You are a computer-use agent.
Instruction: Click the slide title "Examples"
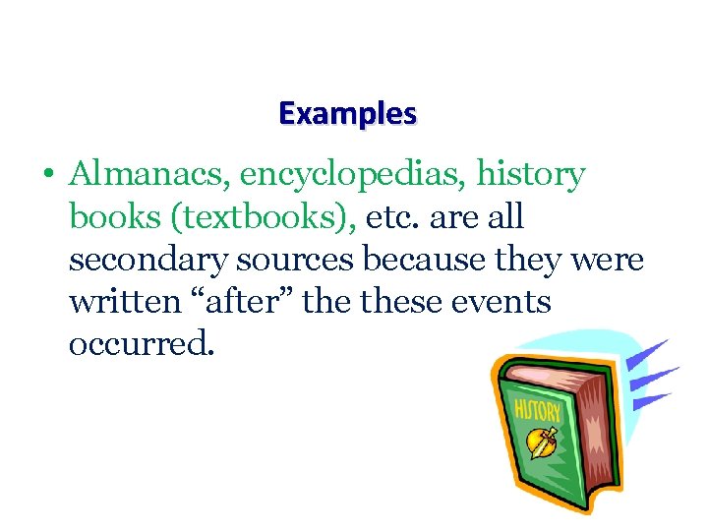pyautogui.click(x=347, y=114)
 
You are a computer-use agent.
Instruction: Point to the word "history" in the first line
pyautogui.click(x=531, y=176)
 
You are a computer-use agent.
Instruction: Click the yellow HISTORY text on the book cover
pyautogui.click(x=537, y=410)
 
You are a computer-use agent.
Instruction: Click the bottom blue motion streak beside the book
pyautogui.click(x=653, y=401)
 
